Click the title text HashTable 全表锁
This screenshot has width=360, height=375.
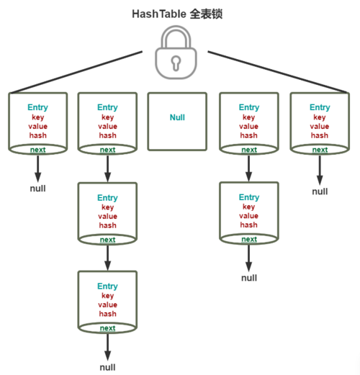pyautogui.click(x=176, y=14)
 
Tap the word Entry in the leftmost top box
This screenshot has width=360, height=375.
pyautogui.click(x=37, y=107)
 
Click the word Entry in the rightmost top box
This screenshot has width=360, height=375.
pyautogui.click(x=320, y=107)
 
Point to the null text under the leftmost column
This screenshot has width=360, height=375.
pyautogui.click(x=37, y=189)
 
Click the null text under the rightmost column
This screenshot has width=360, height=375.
pyautogui.click(x=320, y=191)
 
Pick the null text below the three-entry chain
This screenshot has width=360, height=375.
pyautogui.click(x=107, y=367)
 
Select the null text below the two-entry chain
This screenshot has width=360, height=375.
pyautogui.click(x=249, y=278)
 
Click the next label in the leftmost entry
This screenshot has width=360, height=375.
pyautogui.click(x=37, y=149)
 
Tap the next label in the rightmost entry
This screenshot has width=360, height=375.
pyautogui.click(x=320, y=149)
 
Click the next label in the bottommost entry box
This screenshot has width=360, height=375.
pyautogui.click(x=107, y=328)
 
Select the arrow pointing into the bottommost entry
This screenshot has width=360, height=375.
pyautogui.click(x=107, y=257)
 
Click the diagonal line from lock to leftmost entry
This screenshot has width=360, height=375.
pyautogui.click(x=79, y=72)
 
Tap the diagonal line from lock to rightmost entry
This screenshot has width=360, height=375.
pyautogui.click(x=277, y=72)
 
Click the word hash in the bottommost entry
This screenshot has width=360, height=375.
pyautogui.click(x=107, y=314)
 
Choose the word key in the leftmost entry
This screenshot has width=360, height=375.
pyautogui.click(x=37, y=117)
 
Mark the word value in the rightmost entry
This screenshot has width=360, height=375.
pyautogui.click(x=320, y=126)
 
